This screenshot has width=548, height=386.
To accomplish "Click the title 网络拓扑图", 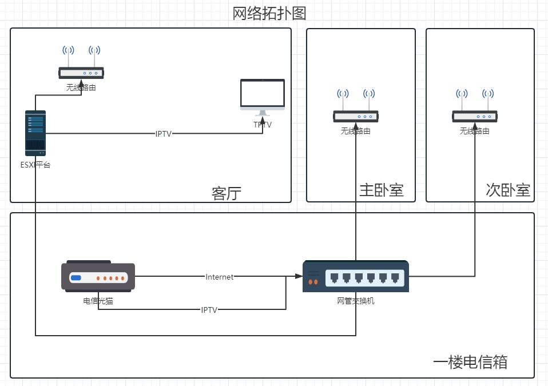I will [x=269, y=13].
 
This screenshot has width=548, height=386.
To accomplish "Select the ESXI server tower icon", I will [x=35, y=133].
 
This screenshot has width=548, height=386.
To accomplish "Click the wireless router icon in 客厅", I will [x=81, y=63].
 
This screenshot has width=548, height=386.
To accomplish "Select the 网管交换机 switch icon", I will [x=356, y=276].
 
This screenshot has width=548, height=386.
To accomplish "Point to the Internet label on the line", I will [x=220, y=277].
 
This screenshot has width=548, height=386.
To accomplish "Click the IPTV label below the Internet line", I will [x=209, y=310].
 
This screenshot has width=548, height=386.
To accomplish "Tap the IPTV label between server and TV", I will [x=164, y=134].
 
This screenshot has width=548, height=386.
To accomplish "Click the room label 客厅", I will [x=227, y=194].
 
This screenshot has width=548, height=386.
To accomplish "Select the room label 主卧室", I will [x=381, y=190].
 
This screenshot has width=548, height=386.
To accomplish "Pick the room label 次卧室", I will [x=508, y=190].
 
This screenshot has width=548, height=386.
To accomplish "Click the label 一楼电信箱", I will [x=470, y=362].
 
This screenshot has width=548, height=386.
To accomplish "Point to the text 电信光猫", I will [x=98, y=301].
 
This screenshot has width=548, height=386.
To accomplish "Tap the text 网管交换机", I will [x=356, y=301].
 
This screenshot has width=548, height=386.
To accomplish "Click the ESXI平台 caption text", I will [x=35, y=165].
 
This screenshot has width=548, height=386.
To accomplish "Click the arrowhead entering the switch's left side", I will [x=299, y=276].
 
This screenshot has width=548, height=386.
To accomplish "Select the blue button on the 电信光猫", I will [x=76, y=278].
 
